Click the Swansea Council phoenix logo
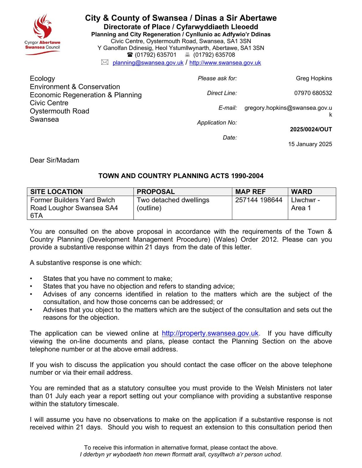[x=43, y=34]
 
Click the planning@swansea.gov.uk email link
[x=148, y=63]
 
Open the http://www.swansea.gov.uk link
[x=225, y=63]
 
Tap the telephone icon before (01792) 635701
[x=130, y=55]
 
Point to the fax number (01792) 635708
[x=214, y=55]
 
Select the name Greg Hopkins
[x=314, y=78]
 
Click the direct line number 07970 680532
[x=313, y=93]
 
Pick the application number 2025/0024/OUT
[x=311, y=129]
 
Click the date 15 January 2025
[x=310, y=144]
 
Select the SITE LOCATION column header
[x=57, y=192]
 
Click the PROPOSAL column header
[x=156, y=192]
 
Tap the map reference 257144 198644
[x=259, y=200]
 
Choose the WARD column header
[x=301, y=192]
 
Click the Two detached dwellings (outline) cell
[x=173, y=204]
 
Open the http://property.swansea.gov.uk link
[x=210, y=333]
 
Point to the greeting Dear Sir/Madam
[x=54, y=160]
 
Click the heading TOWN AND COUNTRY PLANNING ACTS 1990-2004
[x=181, y=176]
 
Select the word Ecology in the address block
[x=42, y=78]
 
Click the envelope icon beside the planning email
[x=105, y=62]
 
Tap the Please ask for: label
[x=217, y=78]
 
